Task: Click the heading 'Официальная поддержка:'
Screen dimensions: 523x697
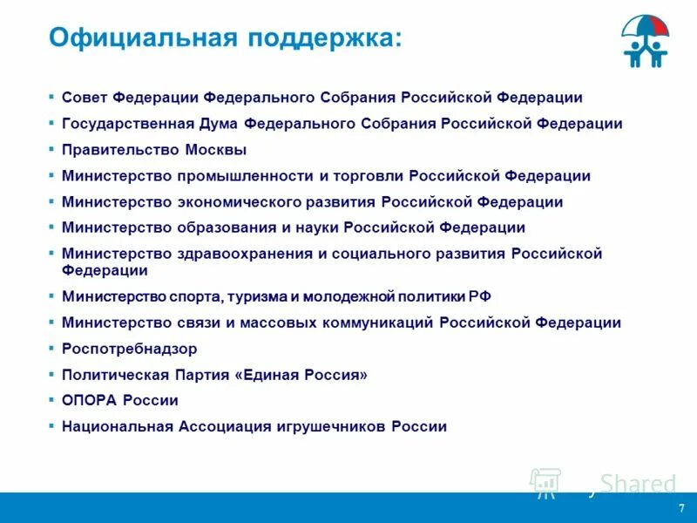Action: pos(226,37)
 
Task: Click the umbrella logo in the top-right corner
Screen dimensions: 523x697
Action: pos(646,42)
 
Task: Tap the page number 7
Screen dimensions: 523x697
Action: pos(681,508)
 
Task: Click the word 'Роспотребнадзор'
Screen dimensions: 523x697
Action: pos(129,349)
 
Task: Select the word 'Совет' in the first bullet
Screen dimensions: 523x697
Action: pos(85,98)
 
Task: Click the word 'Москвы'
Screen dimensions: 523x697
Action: pos(215,150)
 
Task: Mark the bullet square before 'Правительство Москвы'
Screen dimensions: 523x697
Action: pos(52,149)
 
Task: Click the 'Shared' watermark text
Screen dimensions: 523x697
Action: pos(639,484)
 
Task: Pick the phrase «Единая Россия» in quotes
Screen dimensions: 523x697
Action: pos(297,375)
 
